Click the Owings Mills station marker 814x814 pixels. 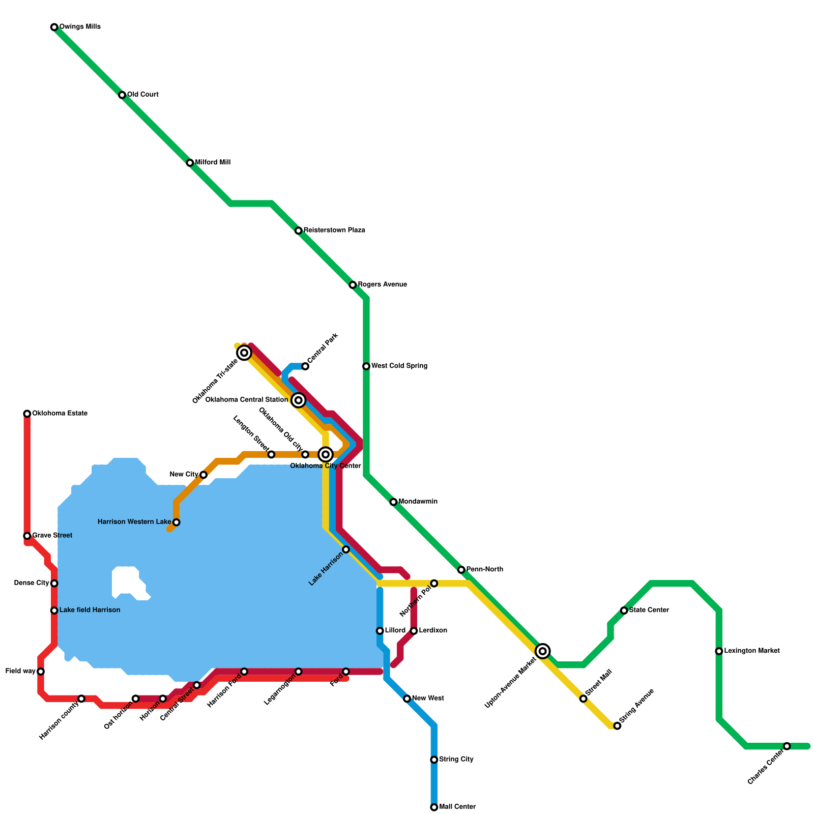pyautogui.click(x=54, y=27)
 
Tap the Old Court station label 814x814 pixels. pyautogui.click(x=143, y=95)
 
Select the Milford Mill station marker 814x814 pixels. pyautogui.click(x=190, y=163)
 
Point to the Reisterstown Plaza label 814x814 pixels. pyautogui.click(x=334, y=230)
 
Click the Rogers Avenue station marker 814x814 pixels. pyautogui.click(x=353, y=285)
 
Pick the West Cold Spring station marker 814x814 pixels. pyautogui.click(x=366, y=366)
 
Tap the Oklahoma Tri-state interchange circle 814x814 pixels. pyautogui.click(x=244, y=353)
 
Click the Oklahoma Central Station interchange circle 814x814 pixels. pyautogui.click(x=299, y=400)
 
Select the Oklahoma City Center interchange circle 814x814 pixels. pyautogui.click(x=326, y=454)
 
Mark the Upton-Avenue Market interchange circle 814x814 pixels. pyautogui.click(x=543, y=651)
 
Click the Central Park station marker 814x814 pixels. pyautogui.click(x=305, y=366)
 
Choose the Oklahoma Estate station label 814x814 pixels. pyautogui.click(x=60, y=414)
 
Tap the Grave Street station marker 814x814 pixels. pyautogui.click(x=27, y=536)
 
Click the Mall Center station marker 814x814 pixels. pyautogui.click(x=434, y=807)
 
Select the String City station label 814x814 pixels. pyautogui.click(x=456, y=760)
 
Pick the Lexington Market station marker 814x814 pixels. pyautogui.click(x=719, y=651)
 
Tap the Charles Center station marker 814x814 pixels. pyautogui.click(x=787, y=746)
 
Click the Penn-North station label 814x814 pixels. pyautogui.click(x=484, y=569)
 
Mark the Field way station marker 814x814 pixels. pyautogui.click(x=41, y=672)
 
